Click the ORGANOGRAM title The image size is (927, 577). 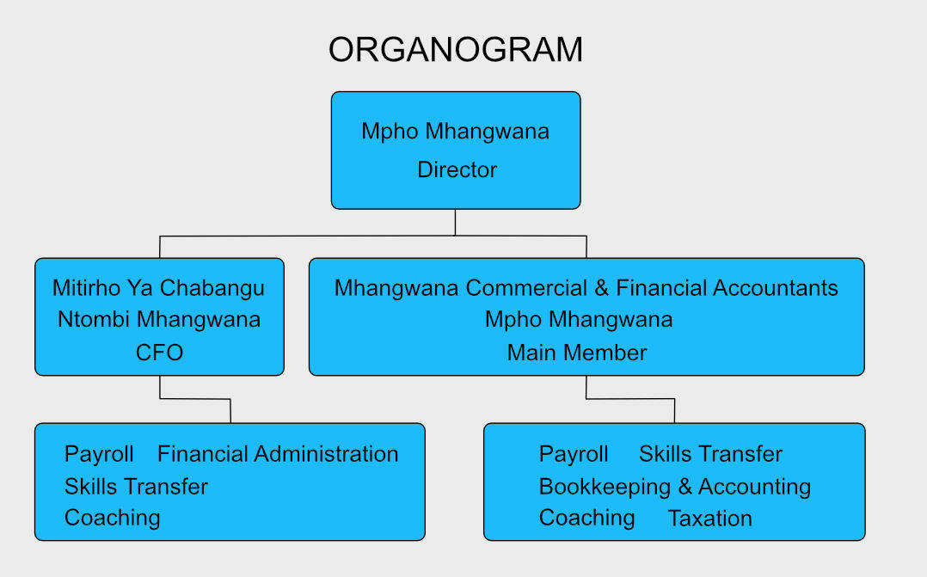pyautogui.click(x=455, y=50)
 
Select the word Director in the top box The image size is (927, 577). pyautogui.click(x=457, y=169)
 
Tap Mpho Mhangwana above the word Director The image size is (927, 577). pyautogui.click(x=455, y=132)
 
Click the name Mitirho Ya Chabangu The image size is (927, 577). pyautogui.click(x=158, y=288)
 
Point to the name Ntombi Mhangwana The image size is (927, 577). pyautogui.click(x=159, y=319)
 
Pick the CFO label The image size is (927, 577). pyautogui.click(x=160, y=353)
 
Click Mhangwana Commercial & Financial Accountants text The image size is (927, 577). pyautogui.click(x=586, y=288)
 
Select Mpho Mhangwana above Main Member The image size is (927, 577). pyautogui.click(x=579, y=319)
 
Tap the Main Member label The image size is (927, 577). pyautogui.click(x=577, y=353)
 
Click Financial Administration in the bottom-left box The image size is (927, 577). pyautogui.click(x=278, y=454)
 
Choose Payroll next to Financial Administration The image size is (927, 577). pyautogui.click(x=99, y=454)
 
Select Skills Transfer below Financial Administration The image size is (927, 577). pyautogui.click(x=136, y=487)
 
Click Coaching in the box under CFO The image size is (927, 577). pyautogui.click(x=113, y=518)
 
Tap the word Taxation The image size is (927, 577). pyautogui.click(x=710, y=519)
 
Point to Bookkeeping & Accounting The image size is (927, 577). pyautogui.click(x=675, y=487)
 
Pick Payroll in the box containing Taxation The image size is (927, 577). pyautogui.click(x=574, y=454)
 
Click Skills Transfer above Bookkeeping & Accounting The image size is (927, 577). pyautogui.click(x=710, y=454)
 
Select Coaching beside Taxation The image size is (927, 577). pyautogui.click(x=587, y=518)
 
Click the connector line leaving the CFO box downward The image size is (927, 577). pyautogui.click(x=195, y=399)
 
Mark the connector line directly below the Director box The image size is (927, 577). pyautogui.click(x=455, y=222)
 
